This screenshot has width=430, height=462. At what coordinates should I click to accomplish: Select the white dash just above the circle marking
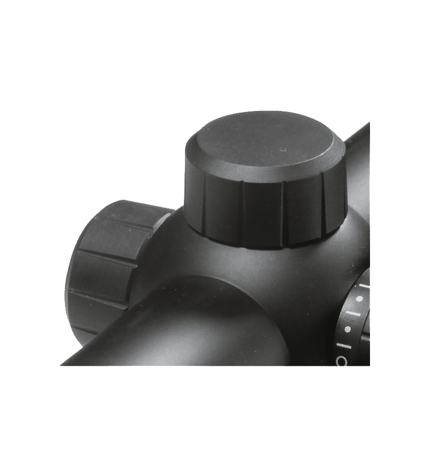coord(345,343)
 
